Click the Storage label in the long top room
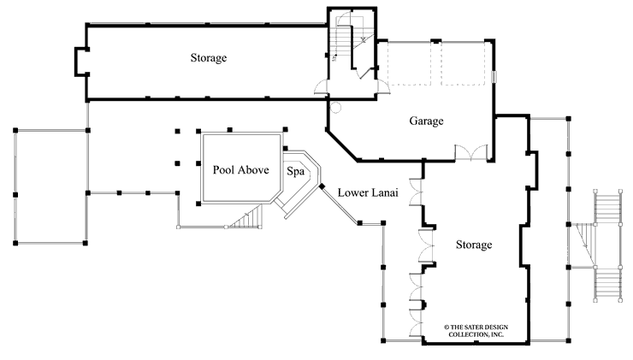click(x=209, y=58)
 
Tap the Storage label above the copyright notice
click(x=474, y=245)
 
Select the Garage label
click(x=425, y=121)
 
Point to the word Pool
click(x=226, y=170)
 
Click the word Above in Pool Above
click(x=255, y=170)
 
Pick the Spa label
click(x=295, y=171)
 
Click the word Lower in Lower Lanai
click(x=353, y=192)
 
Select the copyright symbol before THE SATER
click(x=447, y=327)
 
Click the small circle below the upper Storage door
click(x=335, y=108)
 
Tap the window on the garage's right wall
click(x=494, y=77)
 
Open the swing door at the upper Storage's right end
click(x=321, y=86)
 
